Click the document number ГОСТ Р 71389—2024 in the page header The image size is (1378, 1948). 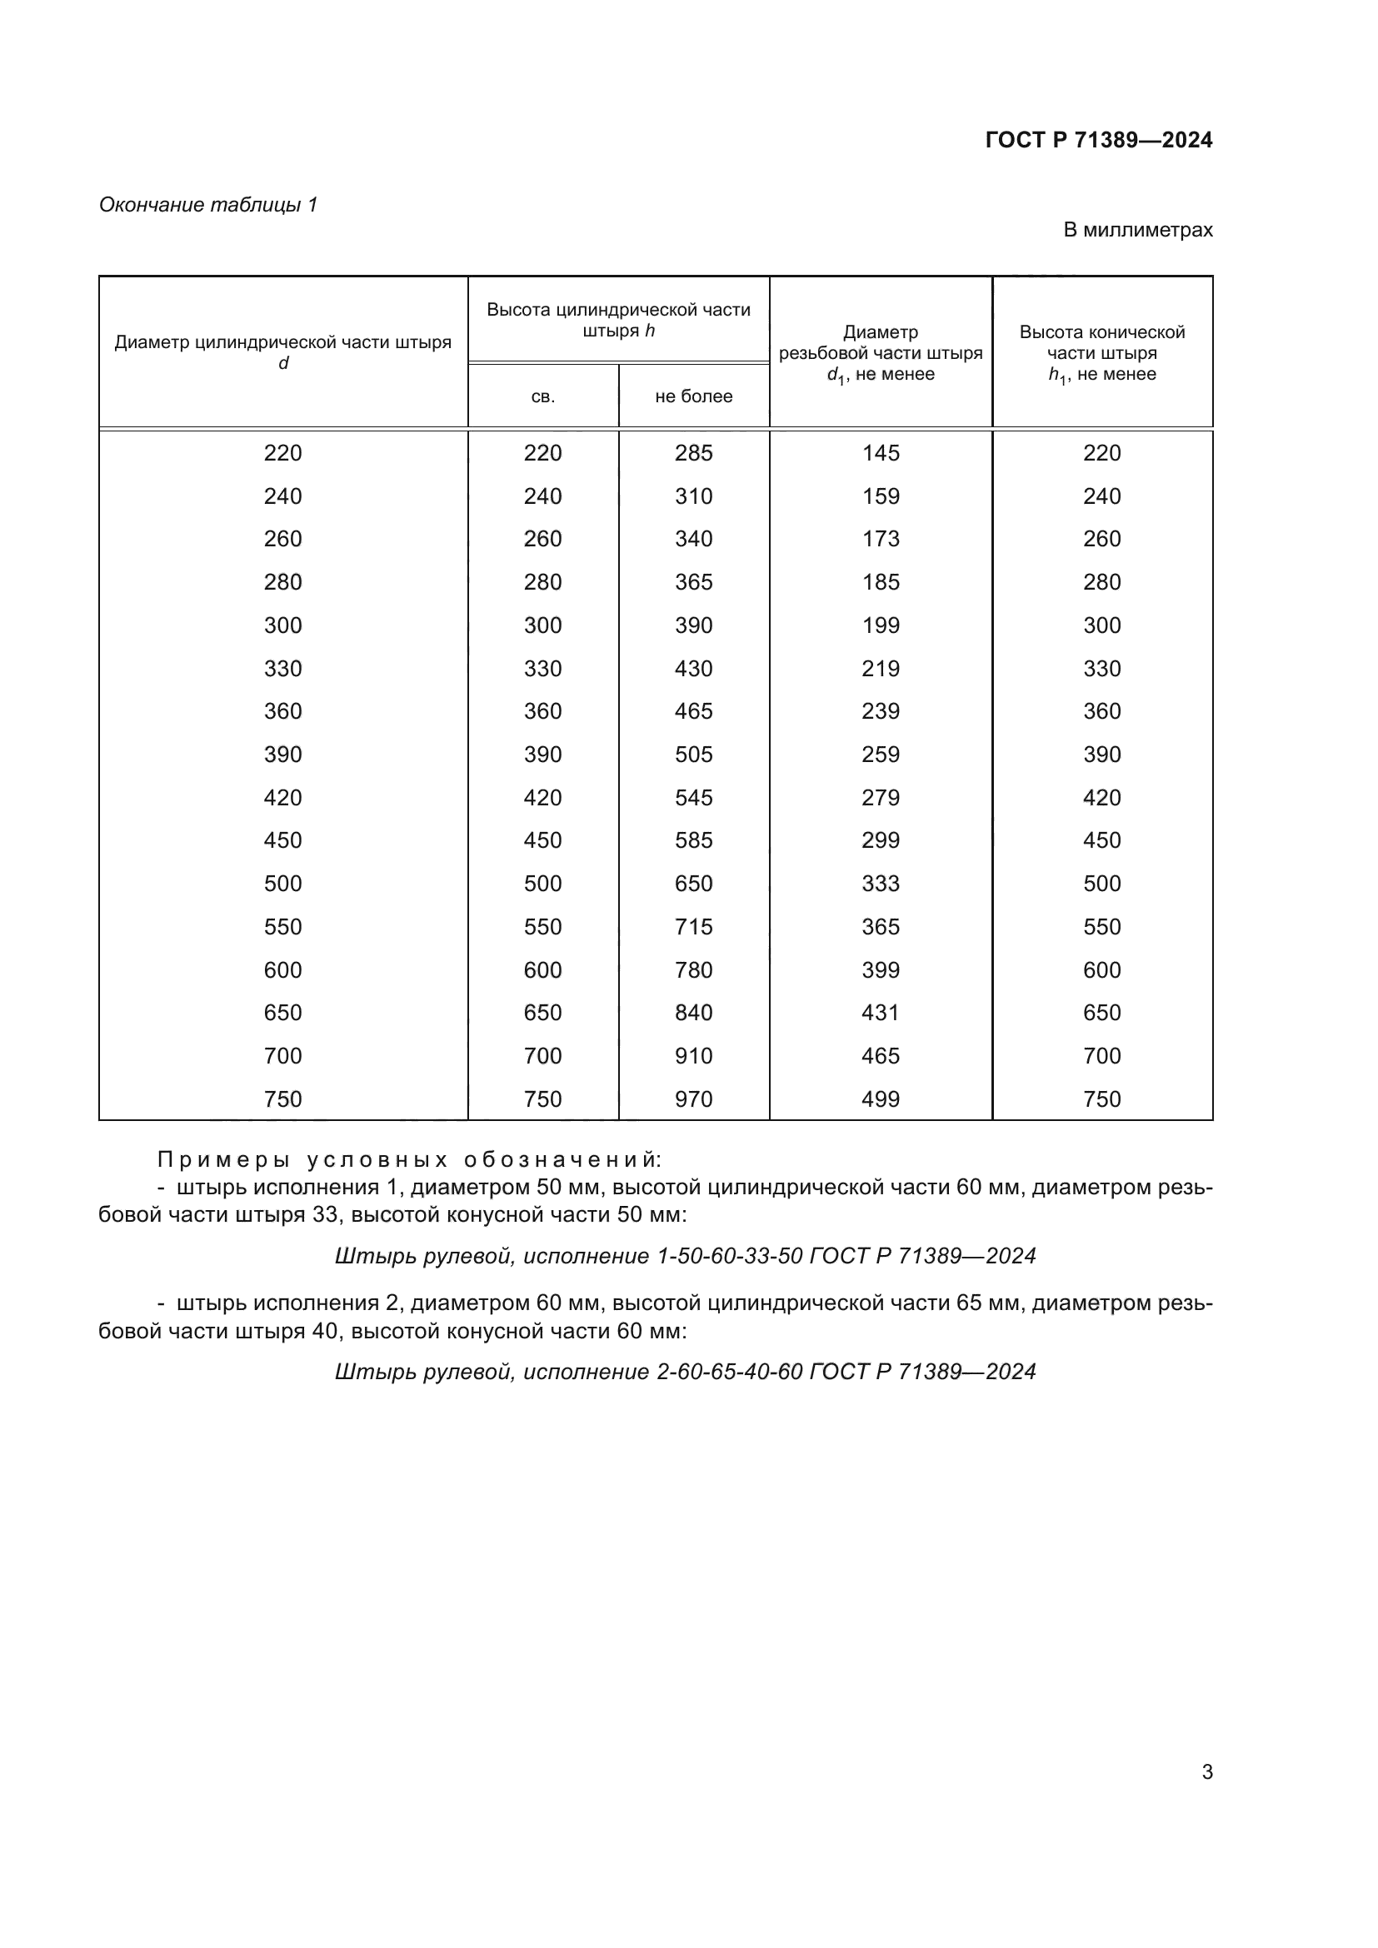click(1098, 140)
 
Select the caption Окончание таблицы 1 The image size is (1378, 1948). click(208, 205)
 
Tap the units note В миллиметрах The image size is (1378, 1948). click(1137, 230)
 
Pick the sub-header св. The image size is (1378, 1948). click(542, 396)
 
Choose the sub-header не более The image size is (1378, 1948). click(693, 396)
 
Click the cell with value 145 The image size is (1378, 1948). click(880, 453)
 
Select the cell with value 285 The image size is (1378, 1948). click(693, 453)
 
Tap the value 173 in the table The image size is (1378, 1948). click(880, 539)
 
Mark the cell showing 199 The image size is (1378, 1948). click(880, 625)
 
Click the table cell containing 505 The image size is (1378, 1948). click(693, 755)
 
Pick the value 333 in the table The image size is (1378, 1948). click(880, 883)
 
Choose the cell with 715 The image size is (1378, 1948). click(693, 926)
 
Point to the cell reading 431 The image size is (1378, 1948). click(880, 1012)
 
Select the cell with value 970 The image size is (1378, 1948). click(693, 1099)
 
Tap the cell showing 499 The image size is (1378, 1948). click(880, 1099)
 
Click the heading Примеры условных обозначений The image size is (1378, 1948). click(409, 1159)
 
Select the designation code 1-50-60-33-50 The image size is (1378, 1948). click(730, 1256)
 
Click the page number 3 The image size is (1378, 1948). click(1206, 1771)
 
